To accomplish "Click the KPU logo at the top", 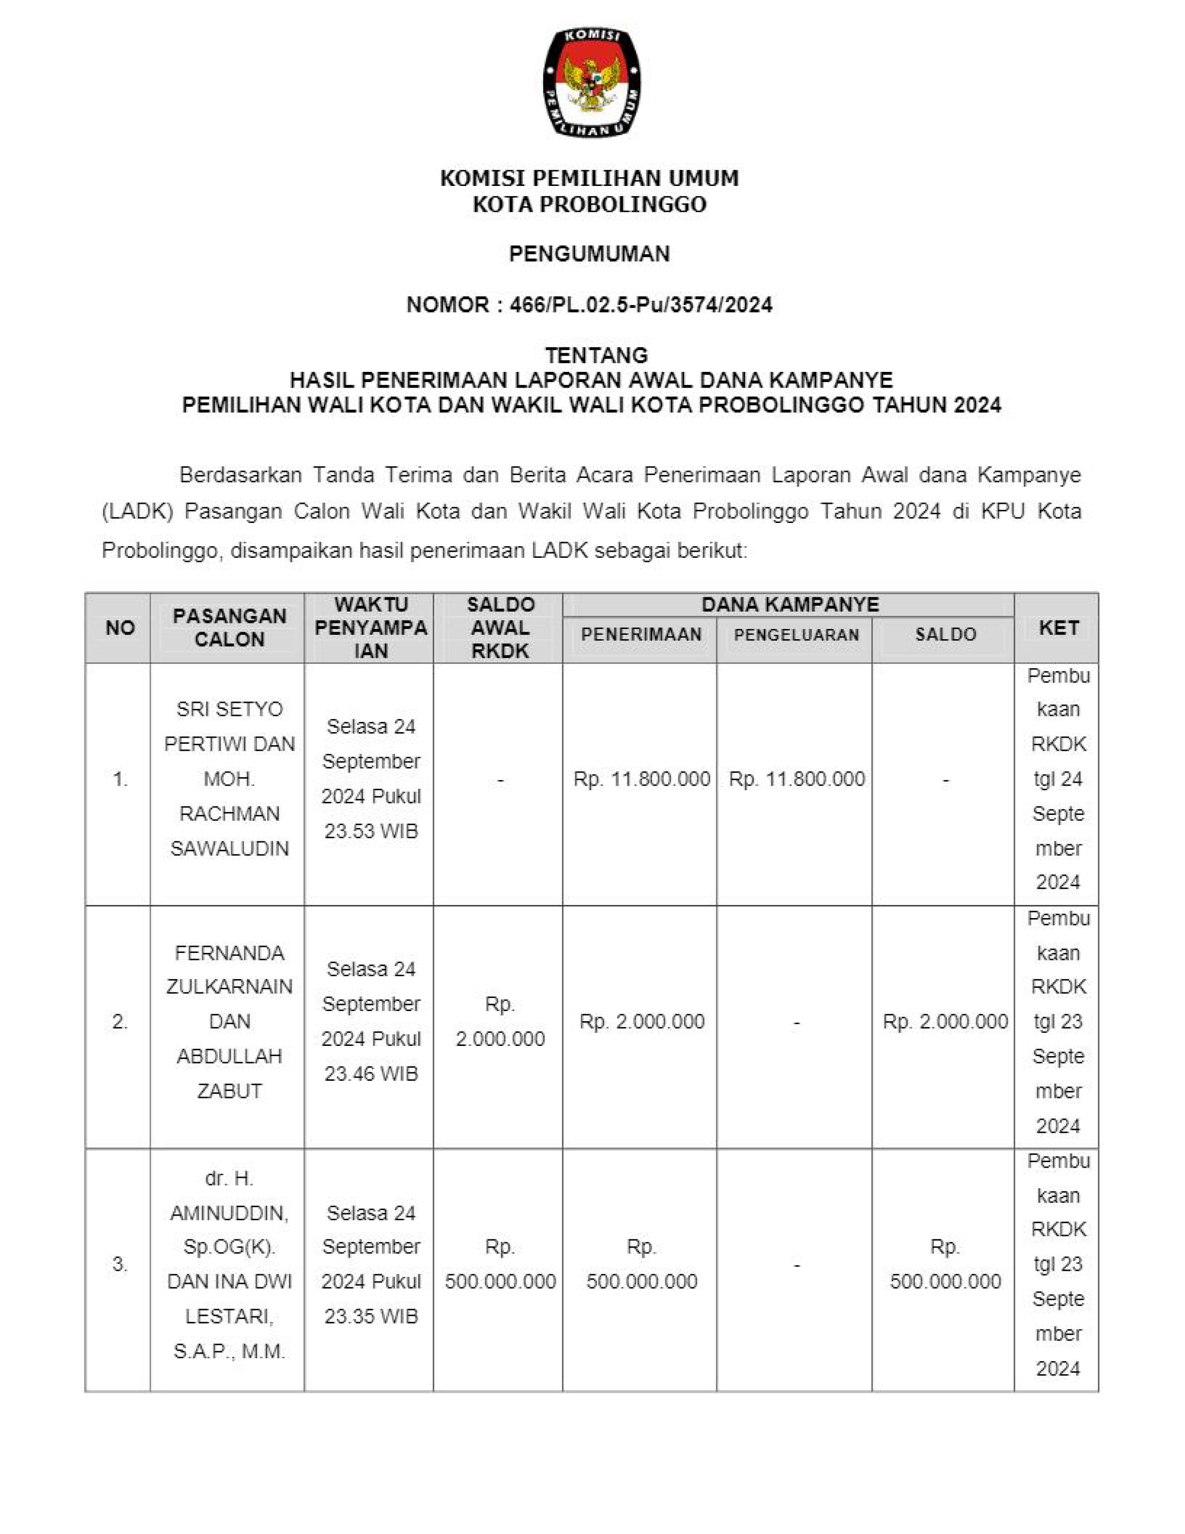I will point(591,82).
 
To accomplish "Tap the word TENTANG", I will point(596,355).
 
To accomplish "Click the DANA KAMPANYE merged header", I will point(790,605).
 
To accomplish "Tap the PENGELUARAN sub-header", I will point(796,635).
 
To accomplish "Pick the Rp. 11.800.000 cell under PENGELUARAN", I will point(796,779).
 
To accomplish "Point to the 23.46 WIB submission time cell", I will point(371,1021).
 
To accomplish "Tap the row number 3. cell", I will point(119,1264).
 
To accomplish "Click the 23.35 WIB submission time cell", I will point(371,1264).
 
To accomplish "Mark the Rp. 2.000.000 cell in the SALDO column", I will point(945,1021).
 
